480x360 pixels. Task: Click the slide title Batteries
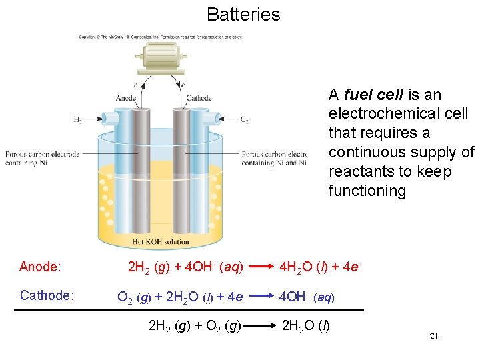[x=243, y=14]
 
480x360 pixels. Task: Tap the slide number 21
[x=434, y=337]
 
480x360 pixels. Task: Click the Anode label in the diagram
[x=125, y=99]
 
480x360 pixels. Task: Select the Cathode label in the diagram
[x=199, y=99]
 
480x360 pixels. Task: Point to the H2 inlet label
[x=78, y=120]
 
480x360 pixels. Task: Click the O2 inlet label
[x=244, y=121]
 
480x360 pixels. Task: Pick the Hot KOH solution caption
[x=160, y=241]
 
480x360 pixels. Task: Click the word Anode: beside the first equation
[x=41, y=267]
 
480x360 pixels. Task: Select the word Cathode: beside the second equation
[x=47, y=295]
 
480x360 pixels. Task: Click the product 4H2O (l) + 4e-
[x=320, y=267]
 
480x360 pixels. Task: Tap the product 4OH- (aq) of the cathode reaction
[x=306, y=296]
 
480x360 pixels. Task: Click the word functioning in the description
[x=367, y=191]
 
